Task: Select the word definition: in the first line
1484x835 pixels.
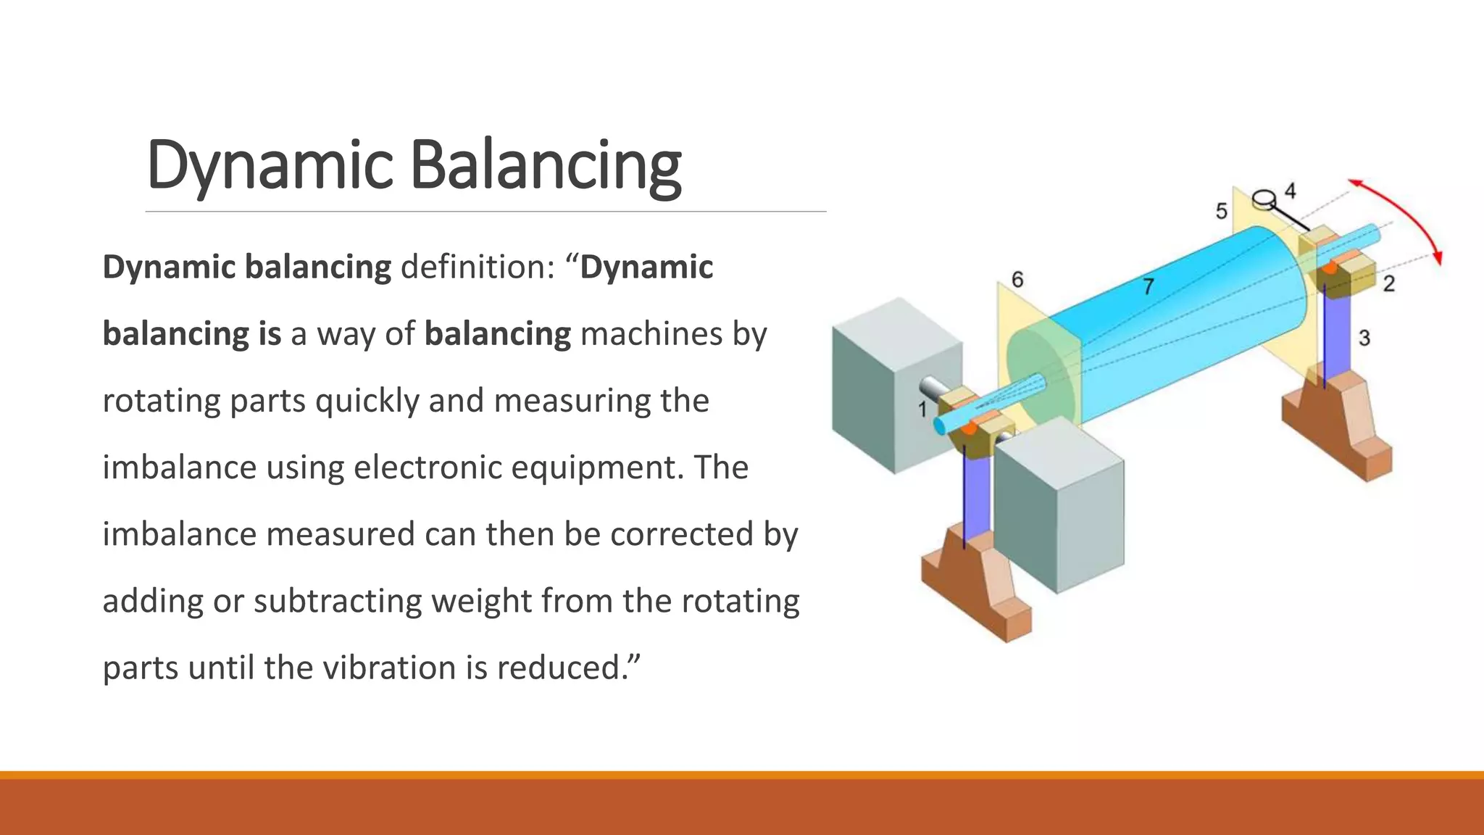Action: pos(478,267)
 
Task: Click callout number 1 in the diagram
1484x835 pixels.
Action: pos(922,410)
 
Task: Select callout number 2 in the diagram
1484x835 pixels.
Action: pos(1388,283)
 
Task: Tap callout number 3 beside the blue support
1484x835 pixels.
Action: pos(1364,338)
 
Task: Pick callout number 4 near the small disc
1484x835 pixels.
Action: pos(1290,191)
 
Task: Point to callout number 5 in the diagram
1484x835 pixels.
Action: pos(1221,211)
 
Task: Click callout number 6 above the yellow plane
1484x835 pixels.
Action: pos(1017,279)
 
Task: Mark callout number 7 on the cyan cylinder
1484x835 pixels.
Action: pos(1148,286)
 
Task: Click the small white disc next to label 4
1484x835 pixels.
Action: pos(1264,197)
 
